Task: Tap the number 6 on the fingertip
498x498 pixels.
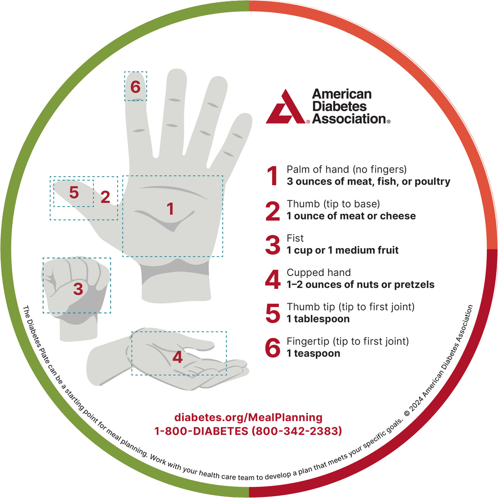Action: pos(135,87)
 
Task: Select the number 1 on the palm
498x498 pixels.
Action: pos(170,209)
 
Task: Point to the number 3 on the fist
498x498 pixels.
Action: pos(78,289)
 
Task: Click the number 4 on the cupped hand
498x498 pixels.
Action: pos(178,357)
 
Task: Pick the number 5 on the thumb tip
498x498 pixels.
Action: pos(74,192)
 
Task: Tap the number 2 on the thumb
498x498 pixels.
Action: pos(105,197)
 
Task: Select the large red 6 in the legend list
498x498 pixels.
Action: pos(273,348)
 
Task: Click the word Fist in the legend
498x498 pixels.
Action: pos(295,238)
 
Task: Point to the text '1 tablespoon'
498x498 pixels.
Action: pos(318,319)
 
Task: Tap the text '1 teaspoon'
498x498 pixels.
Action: pos(313,353)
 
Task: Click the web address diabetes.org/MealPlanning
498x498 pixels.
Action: pos(248,417)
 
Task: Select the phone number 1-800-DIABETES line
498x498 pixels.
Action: pos(248,431)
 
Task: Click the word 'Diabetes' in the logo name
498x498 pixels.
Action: pos(339,106)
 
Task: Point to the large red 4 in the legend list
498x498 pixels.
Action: pos(273,279)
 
